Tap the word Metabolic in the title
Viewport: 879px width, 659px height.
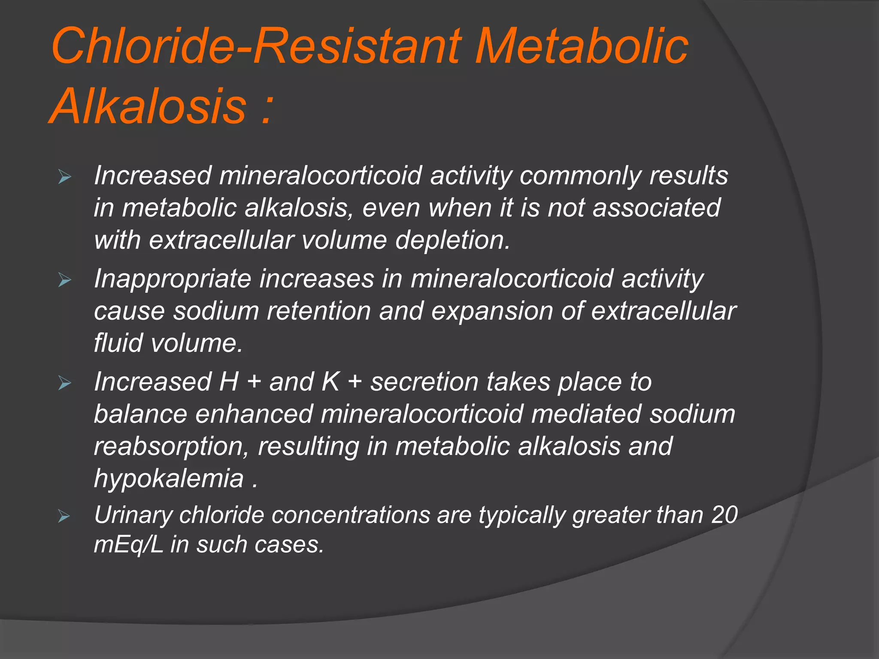pos(581,46)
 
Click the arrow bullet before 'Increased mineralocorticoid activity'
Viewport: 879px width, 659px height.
pos(64,176)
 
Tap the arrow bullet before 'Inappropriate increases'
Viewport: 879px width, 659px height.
pos(64,280)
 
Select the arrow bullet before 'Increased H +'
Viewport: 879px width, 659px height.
pos(64,383)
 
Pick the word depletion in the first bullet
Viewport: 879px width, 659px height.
pos(452,240)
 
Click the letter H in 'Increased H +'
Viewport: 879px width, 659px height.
pos(229,382)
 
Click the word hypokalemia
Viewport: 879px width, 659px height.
pos(169,479)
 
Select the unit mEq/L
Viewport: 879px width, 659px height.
pos(128,545)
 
